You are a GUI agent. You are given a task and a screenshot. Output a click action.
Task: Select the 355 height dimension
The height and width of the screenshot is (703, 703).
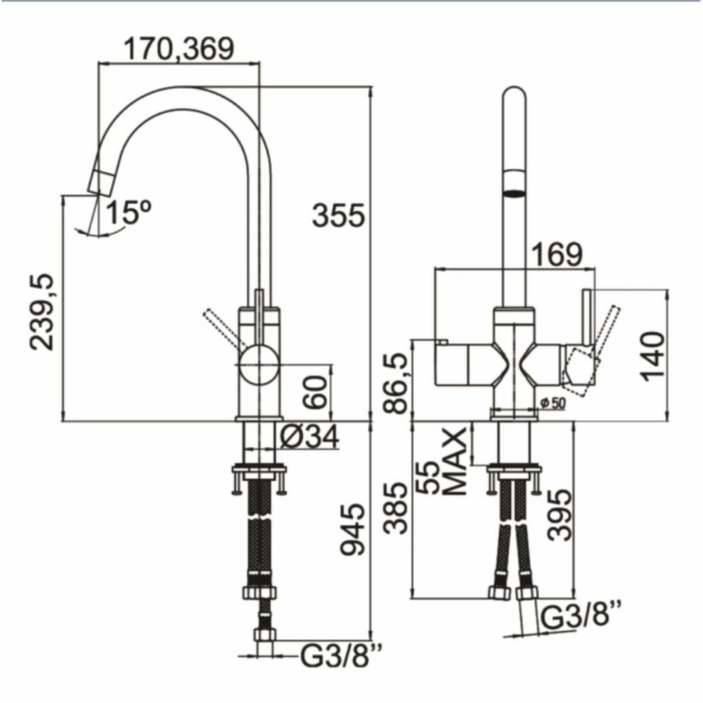[338, 215]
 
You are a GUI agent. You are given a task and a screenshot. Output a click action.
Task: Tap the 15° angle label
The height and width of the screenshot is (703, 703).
[128, 212]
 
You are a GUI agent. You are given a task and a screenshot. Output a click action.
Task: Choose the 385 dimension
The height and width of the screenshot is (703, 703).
[397, 509]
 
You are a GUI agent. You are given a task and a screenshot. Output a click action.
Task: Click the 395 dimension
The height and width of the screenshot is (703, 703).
[559, 516]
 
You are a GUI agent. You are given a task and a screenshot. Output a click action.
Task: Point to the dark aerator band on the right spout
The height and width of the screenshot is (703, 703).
[513, 190]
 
